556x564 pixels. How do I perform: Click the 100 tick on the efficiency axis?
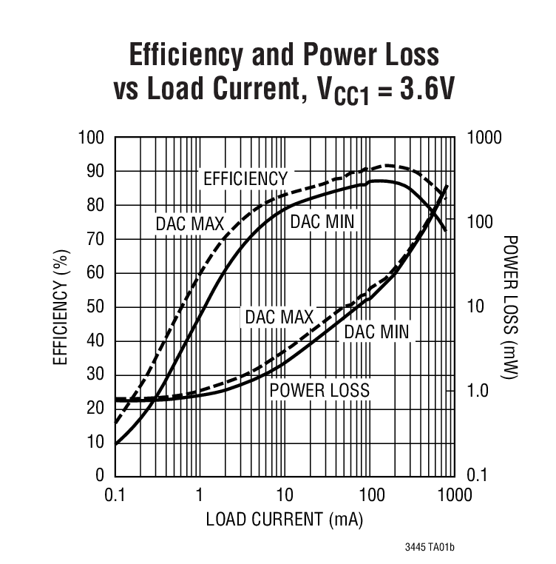(92, 138)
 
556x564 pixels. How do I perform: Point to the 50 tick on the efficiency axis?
(96, 306)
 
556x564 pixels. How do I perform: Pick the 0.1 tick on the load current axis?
(115, 494)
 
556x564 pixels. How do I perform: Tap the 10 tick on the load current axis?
(285, 494)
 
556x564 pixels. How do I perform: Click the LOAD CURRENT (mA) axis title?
(284, 520)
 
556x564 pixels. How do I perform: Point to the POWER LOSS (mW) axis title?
(511, 306)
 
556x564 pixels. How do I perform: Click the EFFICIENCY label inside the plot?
(245, 178)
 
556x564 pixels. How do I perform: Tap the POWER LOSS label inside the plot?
(319, 389)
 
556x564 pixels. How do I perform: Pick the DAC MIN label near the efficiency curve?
(322, 221)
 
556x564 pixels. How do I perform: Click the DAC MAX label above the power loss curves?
(279, 316)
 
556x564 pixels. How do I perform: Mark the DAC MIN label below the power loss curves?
(376, 332)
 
